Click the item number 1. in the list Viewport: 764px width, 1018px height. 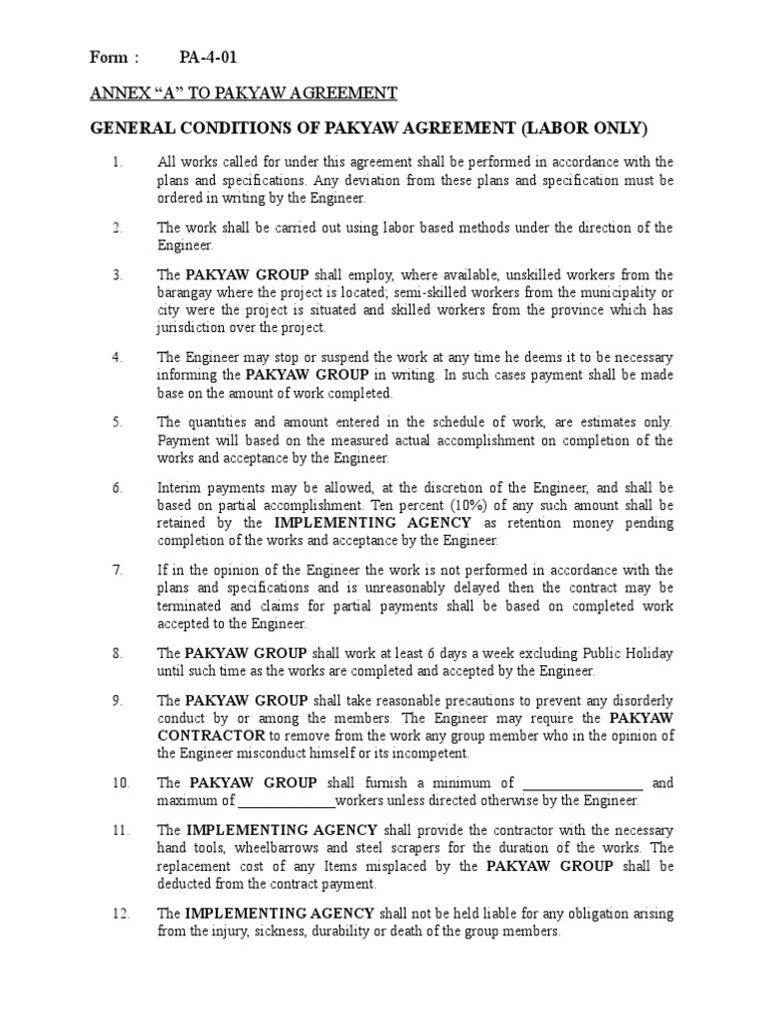click(x=117, y=162)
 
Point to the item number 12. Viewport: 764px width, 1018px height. click(x=120, y=913)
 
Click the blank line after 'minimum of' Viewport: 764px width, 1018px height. click(x=582, y=783)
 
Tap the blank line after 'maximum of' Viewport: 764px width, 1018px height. click(x=286, y=801)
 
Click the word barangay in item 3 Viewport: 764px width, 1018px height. click(x=188, y=292)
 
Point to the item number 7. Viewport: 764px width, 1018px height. click(x=117, y=570)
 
